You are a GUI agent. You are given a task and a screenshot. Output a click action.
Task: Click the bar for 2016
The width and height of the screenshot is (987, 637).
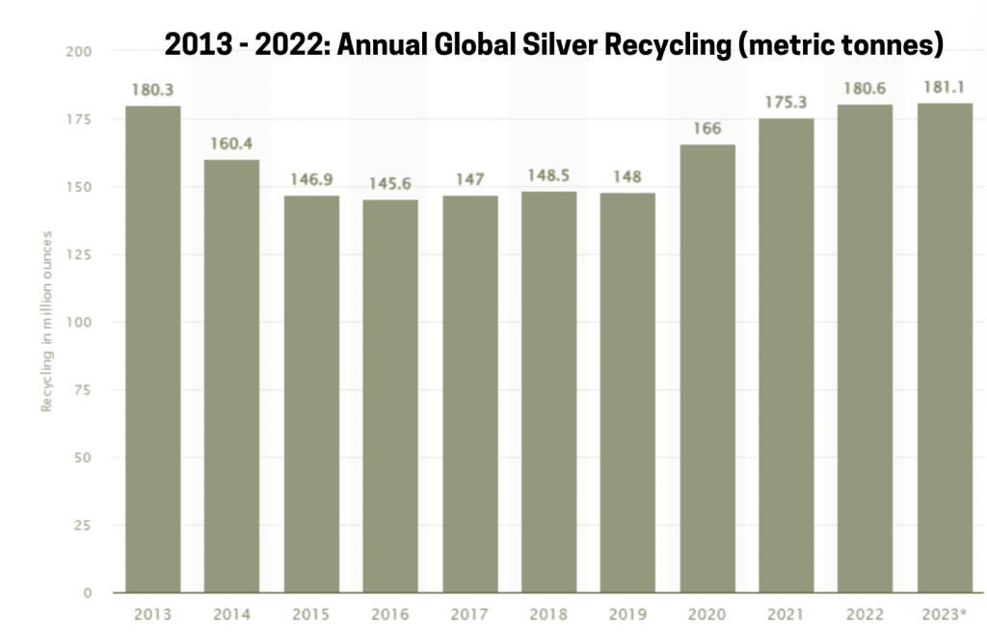(390, 396)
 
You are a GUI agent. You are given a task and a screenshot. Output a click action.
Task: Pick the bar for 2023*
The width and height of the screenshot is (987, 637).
(945, 348)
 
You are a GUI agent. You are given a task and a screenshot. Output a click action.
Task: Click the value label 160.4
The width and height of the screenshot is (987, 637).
(231, 144)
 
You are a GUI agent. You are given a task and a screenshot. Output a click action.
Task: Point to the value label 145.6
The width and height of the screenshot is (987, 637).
(390, 183)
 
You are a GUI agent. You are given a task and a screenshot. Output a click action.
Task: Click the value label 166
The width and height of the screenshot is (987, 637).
(707, 128)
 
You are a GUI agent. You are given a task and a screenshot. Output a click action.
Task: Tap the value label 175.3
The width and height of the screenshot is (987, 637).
(787, 103)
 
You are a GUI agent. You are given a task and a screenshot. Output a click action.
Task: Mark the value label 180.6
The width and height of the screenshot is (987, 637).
(866, 89)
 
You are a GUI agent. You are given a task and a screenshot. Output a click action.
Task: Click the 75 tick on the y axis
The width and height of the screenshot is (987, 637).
(83, 390)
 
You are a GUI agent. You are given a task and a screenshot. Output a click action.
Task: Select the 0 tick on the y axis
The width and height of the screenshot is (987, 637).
(87, 594)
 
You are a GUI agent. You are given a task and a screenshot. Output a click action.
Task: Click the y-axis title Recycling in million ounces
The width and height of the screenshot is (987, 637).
(45, 322)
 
